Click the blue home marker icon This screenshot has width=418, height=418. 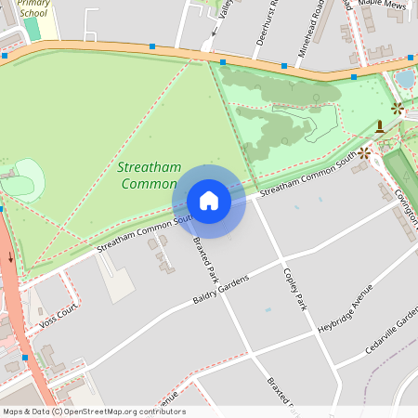coord(209,201)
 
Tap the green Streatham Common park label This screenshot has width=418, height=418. coord(147,175)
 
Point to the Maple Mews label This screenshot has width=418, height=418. coord(383,3)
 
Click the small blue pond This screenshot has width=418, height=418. coord(405,81)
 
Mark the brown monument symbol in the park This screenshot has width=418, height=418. coord(380,125)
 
